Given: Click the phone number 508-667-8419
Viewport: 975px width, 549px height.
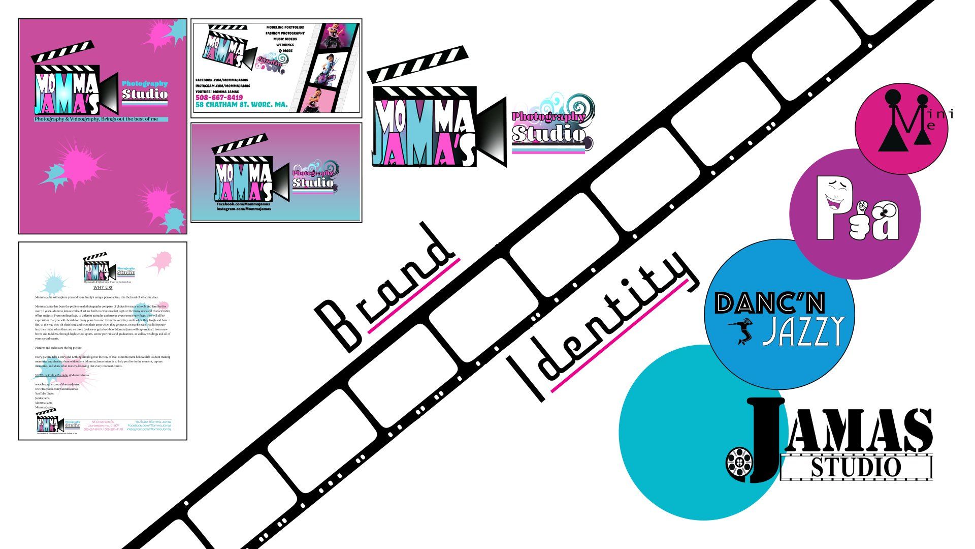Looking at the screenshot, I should [x=219, y=98].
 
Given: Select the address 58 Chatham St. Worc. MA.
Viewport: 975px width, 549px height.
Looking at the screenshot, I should [x=241, y=105].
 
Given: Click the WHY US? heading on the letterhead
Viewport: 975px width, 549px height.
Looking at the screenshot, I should [x=103, y=288].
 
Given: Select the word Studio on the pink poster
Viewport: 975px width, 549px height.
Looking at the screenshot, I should [x=145, y=94].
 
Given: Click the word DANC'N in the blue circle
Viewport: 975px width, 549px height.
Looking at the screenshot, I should [x=770, y=303].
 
